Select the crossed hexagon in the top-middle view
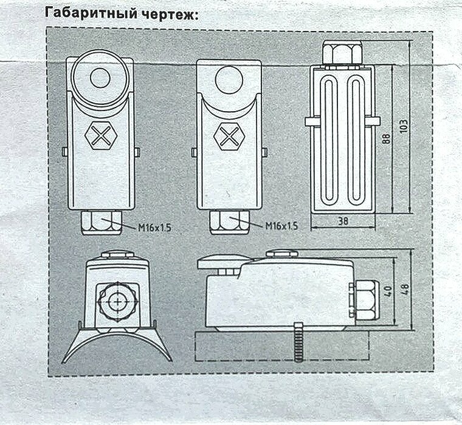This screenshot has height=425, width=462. [229, 135]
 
